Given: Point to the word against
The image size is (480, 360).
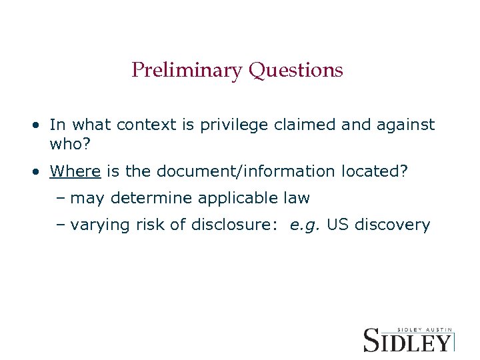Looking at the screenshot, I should point(405,125).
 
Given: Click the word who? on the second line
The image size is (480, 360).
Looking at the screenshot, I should point(67,143).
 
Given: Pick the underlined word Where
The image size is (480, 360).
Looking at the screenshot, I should point(75,172).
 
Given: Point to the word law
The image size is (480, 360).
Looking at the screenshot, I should point(295,199).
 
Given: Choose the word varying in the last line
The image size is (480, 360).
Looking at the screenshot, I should point(97,225).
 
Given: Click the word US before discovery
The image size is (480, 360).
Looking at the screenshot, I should point(338,225).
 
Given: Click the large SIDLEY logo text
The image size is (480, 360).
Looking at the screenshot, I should point(407,341).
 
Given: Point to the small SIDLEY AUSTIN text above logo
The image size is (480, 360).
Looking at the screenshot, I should point(425,329).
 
